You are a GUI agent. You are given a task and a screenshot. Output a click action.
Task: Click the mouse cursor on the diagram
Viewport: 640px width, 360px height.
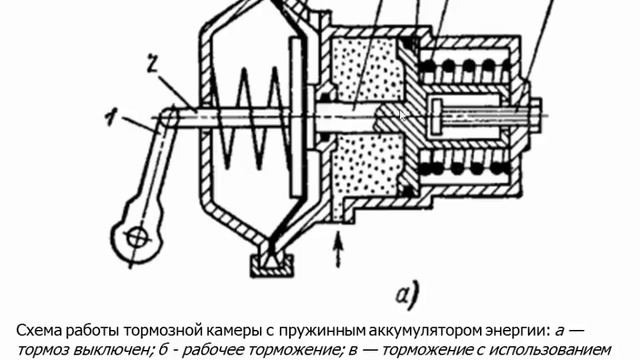pyautogui.click(x=403, y=115)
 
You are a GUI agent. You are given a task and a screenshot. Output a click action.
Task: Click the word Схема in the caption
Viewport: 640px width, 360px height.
pyautogui.click(x=41, y=330)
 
